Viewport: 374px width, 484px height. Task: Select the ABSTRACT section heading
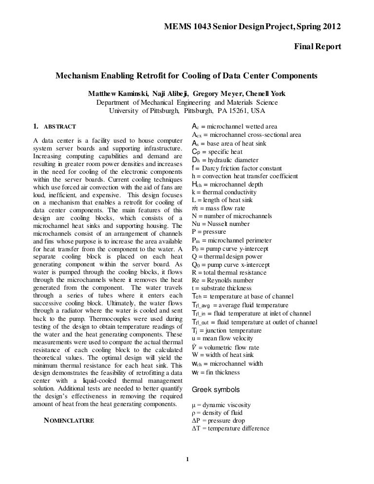(60, 127)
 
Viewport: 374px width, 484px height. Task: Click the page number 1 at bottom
(187, 458)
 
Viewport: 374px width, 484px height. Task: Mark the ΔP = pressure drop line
(219, 420)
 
